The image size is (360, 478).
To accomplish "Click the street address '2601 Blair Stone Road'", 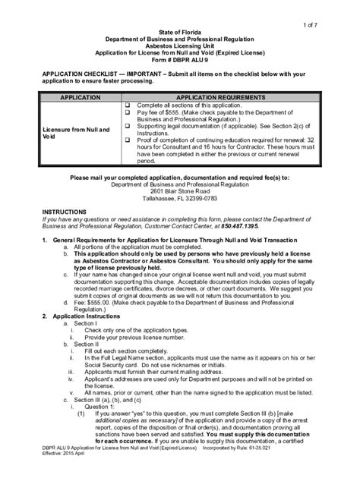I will click(180, 192).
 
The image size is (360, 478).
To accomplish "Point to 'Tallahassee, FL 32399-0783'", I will click(180, 200).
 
